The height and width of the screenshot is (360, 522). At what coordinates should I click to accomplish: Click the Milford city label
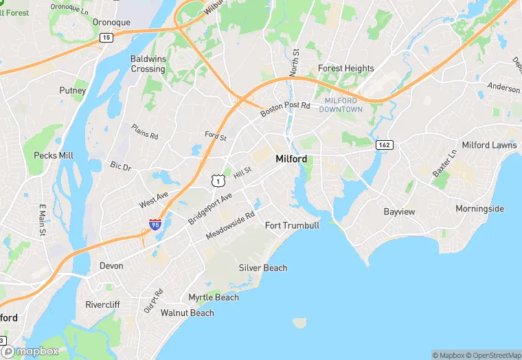[291, 159]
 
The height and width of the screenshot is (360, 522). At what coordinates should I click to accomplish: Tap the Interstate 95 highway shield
[155, 224]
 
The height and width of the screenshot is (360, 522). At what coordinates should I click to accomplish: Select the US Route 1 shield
[217, 180]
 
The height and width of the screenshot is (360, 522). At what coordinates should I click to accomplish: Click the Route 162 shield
[383, 145]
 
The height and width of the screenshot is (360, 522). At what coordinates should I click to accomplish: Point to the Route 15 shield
[105, 38]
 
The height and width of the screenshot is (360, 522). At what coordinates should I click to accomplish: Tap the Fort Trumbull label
[292, 225]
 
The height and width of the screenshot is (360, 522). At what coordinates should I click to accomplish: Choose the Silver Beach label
[263, 268]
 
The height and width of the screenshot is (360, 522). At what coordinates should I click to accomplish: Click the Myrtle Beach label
[214, 297]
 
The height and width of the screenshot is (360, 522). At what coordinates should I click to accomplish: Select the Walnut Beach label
[187, 313]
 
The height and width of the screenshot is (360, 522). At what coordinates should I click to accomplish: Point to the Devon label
[111, 266]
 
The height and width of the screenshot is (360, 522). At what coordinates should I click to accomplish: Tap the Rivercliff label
[102, 304]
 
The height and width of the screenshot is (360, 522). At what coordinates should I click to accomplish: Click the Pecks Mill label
[54, 155]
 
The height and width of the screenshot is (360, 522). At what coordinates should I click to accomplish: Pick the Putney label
[73, 91]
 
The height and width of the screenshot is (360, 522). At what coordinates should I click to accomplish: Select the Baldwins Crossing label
[148, 64]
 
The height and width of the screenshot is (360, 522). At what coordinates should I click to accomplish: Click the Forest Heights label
[345, 69]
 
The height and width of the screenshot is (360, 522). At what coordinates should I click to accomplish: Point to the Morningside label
[479, 209]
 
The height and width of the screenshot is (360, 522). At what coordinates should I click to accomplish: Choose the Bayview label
[399, 212]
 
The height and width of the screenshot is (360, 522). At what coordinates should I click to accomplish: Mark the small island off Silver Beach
[299, 322]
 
